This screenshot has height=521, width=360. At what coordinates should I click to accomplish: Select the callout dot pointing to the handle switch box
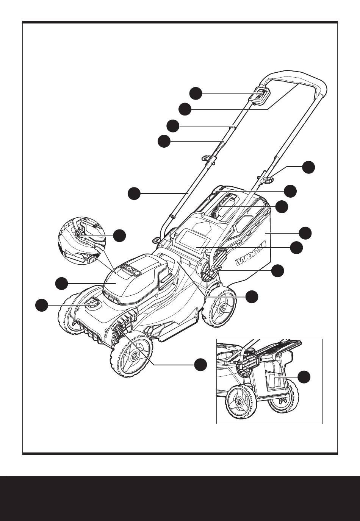[196, 93]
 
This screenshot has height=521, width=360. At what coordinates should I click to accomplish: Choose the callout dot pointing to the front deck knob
[42, 305]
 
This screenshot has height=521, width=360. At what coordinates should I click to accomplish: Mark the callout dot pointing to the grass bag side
[305, 233]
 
